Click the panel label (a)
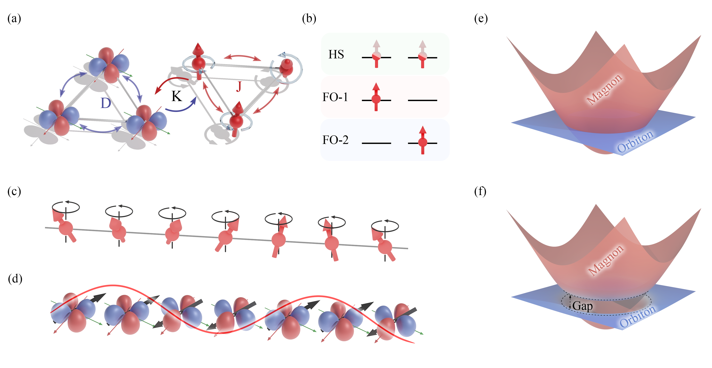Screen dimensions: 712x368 (14, 19)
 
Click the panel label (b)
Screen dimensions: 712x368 (309, 19)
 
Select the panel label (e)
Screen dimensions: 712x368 (481, 19)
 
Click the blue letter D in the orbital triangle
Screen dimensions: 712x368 (106, 103)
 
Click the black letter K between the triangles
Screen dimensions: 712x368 (177, 96)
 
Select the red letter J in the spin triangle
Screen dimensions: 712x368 (239, 86)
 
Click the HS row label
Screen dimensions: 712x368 (336, 54)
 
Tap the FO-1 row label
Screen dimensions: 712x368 (335, 97)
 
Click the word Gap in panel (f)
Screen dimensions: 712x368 (582, 306)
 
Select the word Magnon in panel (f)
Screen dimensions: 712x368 (606, 260)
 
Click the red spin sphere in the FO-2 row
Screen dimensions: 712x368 (423, 143)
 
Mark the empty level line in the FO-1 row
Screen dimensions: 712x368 (422, 100)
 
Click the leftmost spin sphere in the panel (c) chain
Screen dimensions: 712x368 (66, 228)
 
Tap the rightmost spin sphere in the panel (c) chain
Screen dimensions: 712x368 (385, 247)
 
